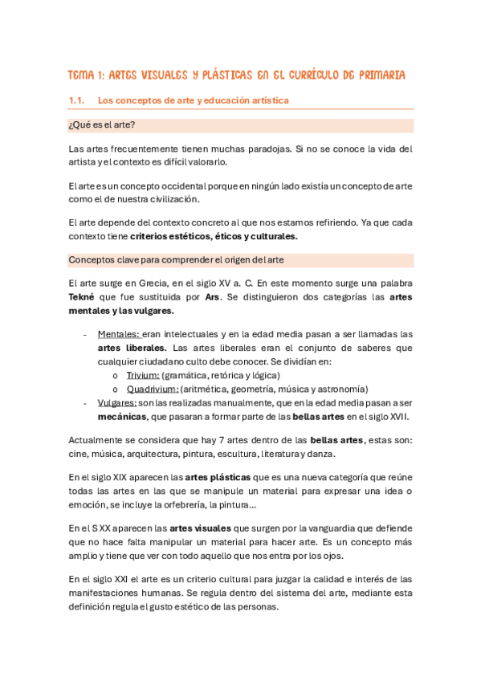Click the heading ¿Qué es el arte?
(x=102, y=125)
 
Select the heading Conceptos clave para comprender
(x=145, y=260)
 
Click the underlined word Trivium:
(x=143, y=374)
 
